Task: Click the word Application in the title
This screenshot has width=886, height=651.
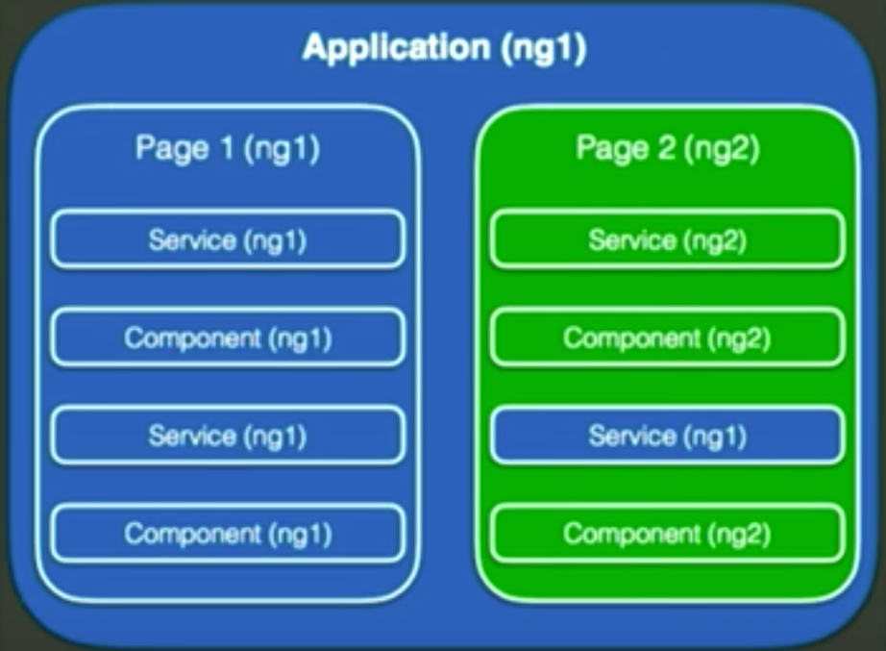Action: [396, 47]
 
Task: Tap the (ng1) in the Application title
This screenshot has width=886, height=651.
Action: [544, 49]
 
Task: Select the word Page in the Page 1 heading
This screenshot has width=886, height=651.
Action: [172, 149]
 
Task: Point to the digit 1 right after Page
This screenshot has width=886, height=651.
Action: [227, 147]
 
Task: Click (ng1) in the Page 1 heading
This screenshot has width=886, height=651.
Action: [283, 149]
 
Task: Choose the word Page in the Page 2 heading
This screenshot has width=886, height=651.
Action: [612, 149]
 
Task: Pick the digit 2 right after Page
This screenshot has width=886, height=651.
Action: [667, 147]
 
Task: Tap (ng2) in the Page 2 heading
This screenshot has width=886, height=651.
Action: [722, 149]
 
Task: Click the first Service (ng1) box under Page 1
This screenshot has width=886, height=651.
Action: [228, 238]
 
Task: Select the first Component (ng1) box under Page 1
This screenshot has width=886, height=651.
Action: [228, 338]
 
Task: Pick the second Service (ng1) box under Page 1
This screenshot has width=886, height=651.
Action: [228, 435]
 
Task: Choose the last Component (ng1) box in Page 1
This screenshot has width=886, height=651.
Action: [228, 534]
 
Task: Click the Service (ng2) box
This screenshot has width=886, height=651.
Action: [667, 238]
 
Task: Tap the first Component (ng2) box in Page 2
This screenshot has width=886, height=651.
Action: [667, 338]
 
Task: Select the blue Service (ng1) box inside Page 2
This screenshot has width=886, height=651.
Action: [667, 435]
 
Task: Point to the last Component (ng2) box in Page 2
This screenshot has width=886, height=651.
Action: [667, 534]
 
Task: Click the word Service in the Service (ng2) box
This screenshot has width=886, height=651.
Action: [632, 239]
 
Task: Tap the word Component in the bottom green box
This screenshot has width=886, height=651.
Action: [631, 534]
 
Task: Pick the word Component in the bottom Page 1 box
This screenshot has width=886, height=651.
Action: [193, 534]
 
